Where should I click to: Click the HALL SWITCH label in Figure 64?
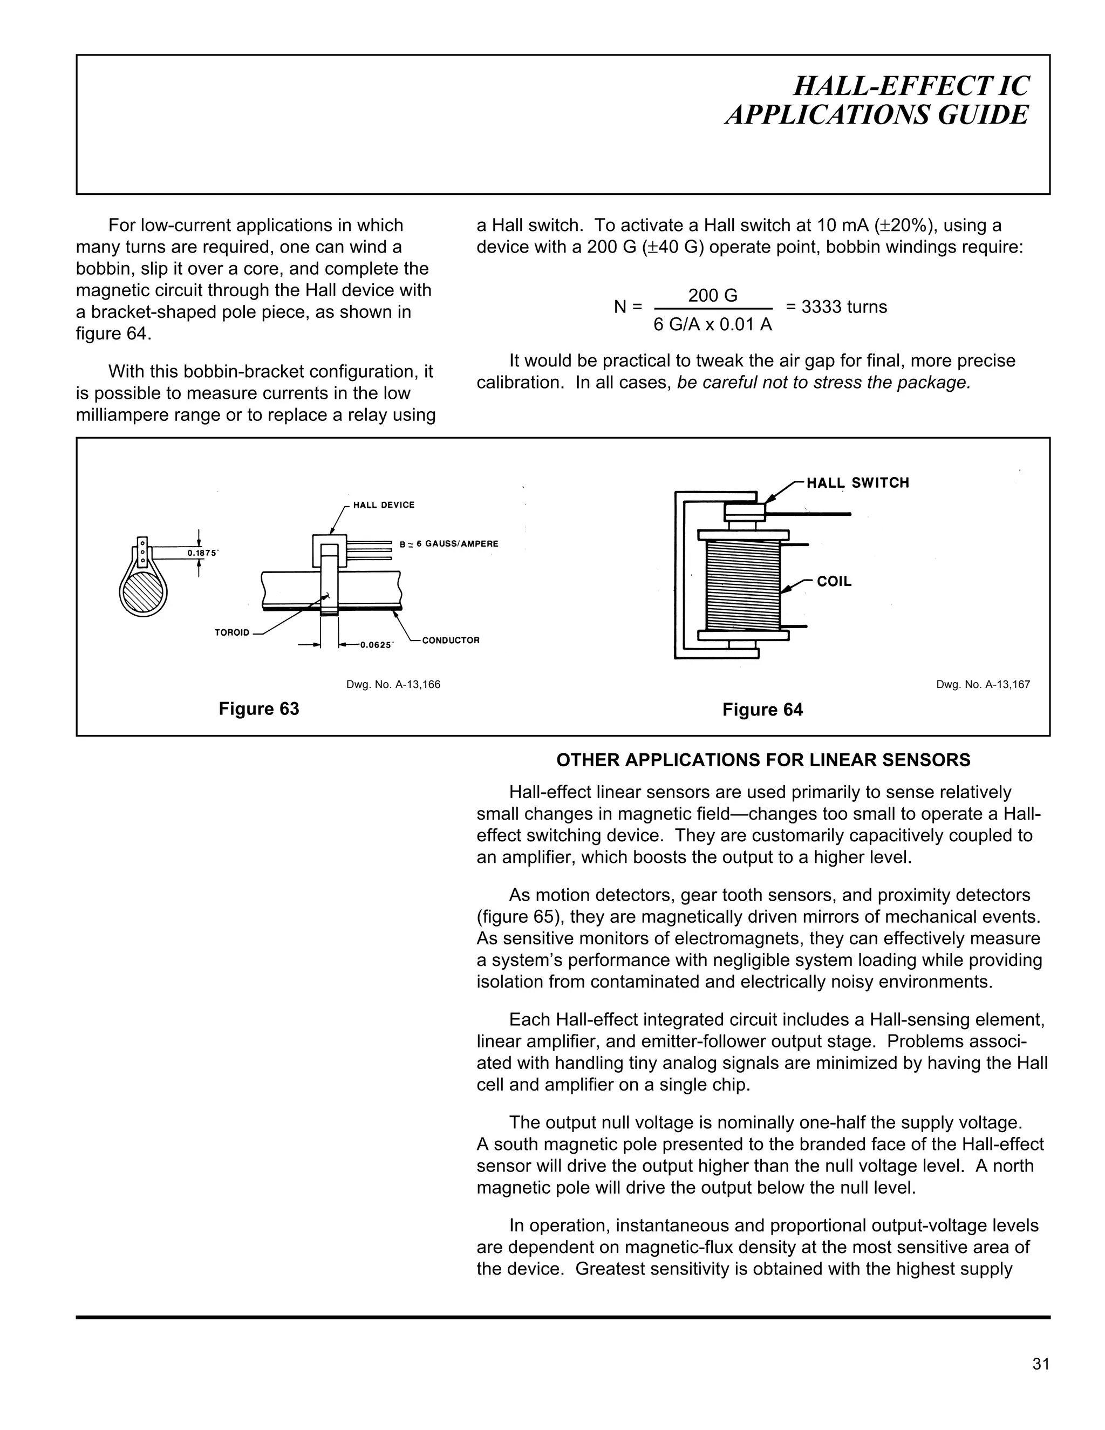pos(857,483)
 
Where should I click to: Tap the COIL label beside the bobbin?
pos(834,581)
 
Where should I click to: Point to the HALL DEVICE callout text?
pos(384,505)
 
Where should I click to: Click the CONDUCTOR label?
pos(451,641)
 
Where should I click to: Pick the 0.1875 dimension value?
pos(202,553)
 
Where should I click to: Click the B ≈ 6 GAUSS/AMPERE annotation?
pos(449,544)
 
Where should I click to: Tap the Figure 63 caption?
pos(258,709)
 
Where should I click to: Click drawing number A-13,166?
pos(393,685)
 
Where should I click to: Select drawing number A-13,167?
pos(983,685)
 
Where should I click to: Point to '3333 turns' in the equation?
pos(844,307)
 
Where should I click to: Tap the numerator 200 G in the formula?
pos(712,296)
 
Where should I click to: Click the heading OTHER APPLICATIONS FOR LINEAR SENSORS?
pos(763,760)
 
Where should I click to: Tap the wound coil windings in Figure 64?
pos(744,583)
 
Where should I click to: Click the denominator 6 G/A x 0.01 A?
pos(712,325)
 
